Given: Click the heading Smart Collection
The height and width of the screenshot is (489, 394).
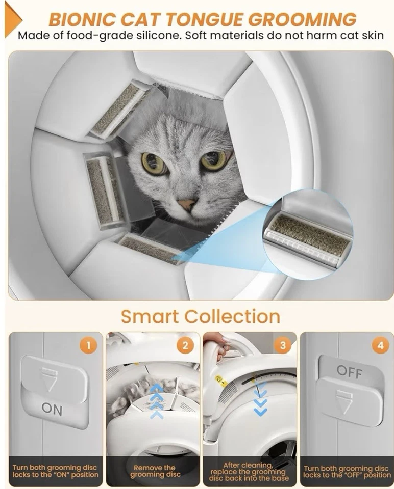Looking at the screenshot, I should point(200,316).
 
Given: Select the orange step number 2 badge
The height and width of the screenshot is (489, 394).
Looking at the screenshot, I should point(185,346).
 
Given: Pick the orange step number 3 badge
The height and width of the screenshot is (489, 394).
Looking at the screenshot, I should point(282,346).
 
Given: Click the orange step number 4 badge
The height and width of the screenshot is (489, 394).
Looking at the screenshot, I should point(380,346).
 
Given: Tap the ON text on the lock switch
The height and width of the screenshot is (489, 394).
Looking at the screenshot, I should point(52,408).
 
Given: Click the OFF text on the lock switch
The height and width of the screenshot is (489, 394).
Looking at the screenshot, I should point(349,371).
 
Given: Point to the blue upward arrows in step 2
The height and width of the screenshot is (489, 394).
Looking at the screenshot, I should point(157,400).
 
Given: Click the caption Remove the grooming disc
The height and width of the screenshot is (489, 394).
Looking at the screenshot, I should point(155,471).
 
